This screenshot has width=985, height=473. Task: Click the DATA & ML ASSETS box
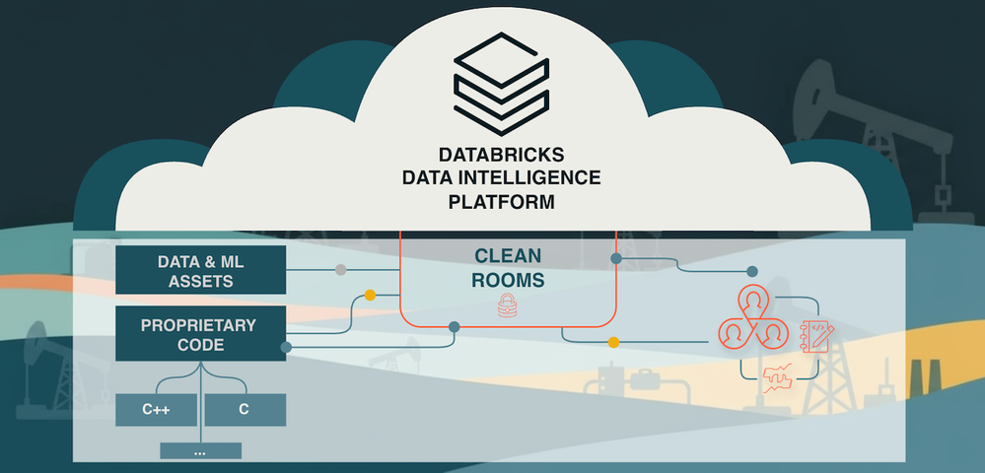click(201, 270)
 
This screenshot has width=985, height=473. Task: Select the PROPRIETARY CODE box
click(201, 334)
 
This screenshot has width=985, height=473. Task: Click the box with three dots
click(200, 451)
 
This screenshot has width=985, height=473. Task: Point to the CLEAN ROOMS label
click(507, 268)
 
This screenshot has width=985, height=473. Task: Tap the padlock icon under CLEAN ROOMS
click(508, 304)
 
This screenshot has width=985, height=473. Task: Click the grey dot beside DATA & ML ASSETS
click(340, 270)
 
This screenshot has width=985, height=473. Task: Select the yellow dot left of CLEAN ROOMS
click(370, 295)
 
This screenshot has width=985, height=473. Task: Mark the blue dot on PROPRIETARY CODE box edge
click(286, 347)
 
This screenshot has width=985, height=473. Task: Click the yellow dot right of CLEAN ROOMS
click(613, 343)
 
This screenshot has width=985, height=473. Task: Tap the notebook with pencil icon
click(817, 334)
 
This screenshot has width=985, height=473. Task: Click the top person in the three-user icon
click(753, 300)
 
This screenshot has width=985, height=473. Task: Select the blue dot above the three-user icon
click(752, 271)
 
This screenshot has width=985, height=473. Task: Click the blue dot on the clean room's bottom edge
click(455, 326)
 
